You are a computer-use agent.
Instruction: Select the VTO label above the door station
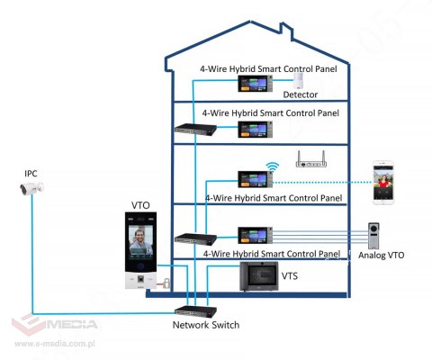pyautogui.click(x=141, y=204)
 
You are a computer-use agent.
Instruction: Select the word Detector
pyautogui.click(x=301, y=94)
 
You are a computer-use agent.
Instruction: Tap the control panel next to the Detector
pyautogui.click(x=253, y=82)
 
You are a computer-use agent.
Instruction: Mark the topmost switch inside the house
pyautogui.click(x=192, y=130)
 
